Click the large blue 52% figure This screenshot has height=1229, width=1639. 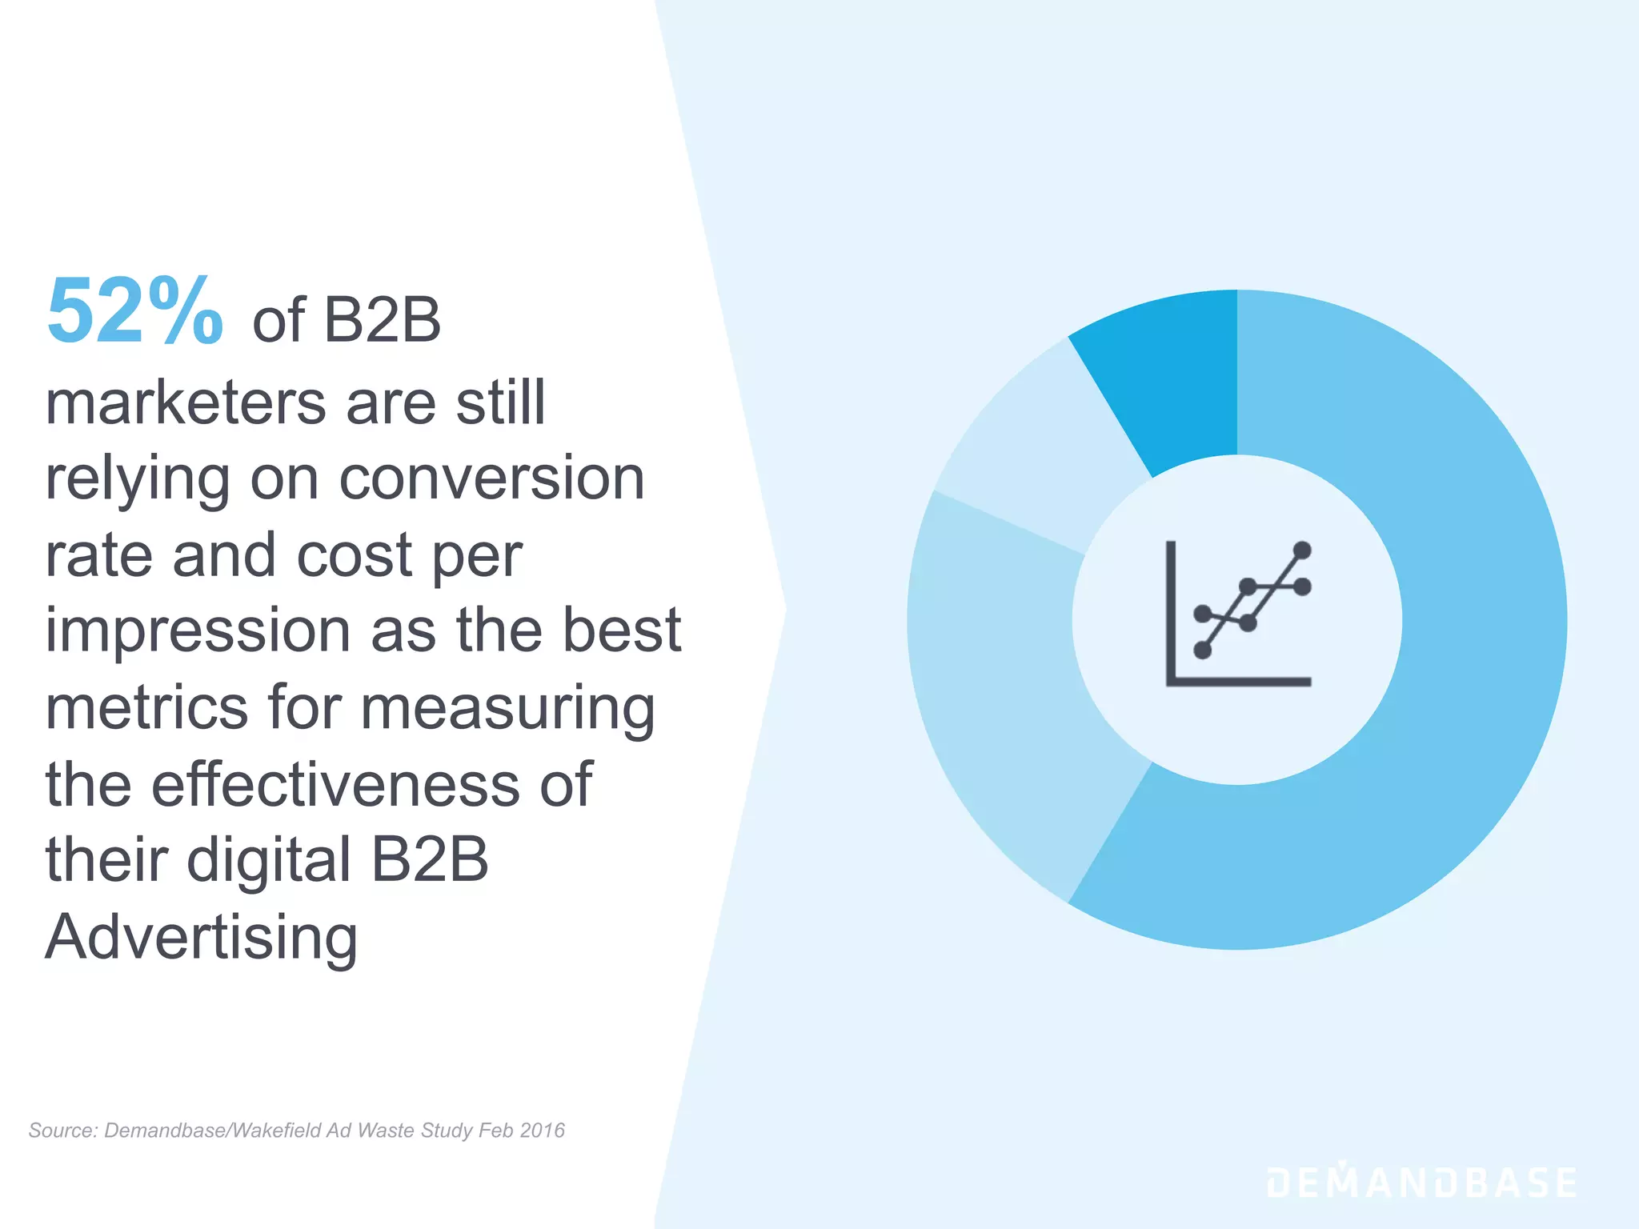pos(134,312)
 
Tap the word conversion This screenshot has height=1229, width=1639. pos(491,478)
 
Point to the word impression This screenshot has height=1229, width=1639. pos(198,631)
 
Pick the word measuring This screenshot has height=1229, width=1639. pos(507,709)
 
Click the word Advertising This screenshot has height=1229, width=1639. pos(201,938)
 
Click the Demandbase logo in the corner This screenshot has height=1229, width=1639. pos(1421,1183)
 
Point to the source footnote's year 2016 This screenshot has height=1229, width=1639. pos(542,1131)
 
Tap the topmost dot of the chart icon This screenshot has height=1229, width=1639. pos(1302,550)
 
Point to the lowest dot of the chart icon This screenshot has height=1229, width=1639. pos(1202,650)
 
